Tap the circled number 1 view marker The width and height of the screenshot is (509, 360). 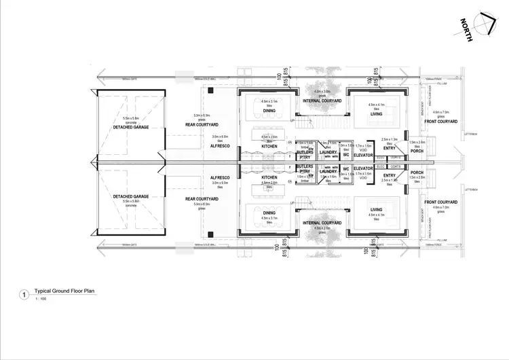coord(25,295)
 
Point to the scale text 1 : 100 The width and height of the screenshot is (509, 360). coord(41,300)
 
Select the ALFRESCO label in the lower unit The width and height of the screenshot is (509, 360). coord(221,178)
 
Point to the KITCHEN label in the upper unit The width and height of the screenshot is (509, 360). coord(269,146)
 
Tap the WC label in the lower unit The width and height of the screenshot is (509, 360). coord(345,168)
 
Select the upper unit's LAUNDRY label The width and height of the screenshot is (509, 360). coord(328,152)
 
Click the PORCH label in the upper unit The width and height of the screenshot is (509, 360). coord(417,151)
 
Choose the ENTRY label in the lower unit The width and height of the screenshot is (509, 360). coord(389,176)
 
